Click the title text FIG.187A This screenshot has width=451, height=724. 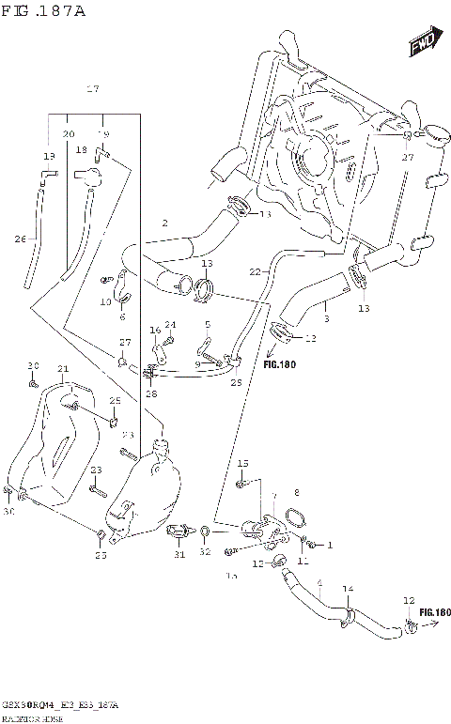[43, 11]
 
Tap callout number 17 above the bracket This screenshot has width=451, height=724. [92, 89]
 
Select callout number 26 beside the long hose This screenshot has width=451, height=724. [20, 239]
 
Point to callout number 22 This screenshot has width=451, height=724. [254, 271]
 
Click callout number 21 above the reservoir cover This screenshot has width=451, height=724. [63, 368]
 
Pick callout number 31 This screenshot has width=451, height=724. [179, 554]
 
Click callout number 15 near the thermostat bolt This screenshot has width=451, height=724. [241, 464]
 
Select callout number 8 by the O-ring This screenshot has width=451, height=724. [296, 492]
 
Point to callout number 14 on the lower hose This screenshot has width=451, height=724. [348, 588]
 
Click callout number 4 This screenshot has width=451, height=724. [319, 583]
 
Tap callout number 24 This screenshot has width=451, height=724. [171, 325]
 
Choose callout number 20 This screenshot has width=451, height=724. [68, 134]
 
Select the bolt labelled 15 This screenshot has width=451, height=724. [241, 483]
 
